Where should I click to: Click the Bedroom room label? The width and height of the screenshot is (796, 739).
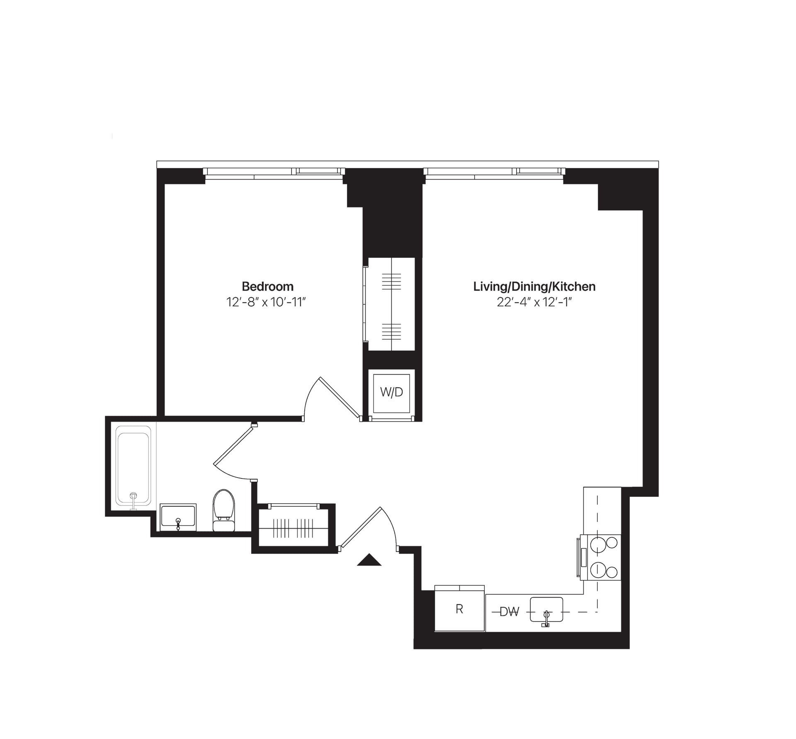pyautogui.click(x=267, y=286)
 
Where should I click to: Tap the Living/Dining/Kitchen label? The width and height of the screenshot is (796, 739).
pyautogui.click(x=534, y=286)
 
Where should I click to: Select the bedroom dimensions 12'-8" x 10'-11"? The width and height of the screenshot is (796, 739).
pyautogui.click(x=266, y=302)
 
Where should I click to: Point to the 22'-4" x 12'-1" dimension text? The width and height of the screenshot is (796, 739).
pyautogui.click(x=534, y=302)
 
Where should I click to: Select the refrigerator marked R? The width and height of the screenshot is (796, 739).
pyautogui.click(x=459, y=609)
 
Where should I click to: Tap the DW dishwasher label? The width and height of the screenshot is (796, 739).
pyautogui.click(x=509, y=612)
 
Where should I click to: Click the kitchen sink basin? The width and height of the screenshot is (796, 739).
pyautogui.click(x=546, y=609)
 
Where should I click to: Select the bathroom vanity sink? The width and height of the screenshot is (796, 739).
pyautogui.click(x=178, y=517)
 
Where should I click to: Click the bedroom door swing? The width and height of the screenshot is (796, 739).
pyautogui.click(x=332, y=398)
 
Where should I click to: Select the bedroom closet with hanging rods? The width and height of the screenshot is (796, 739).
pyautogui.click(x=391, y=304)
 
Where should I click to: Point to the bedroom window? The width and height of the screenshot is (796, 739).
pyautogui.click(x=274, y=173)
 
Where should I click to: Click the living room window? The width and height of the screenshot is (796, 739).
pyautogui.click(x=494, y=173)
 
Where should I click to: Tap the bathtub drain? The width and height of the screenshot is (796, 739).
pyautogui.click(x=133, y=495)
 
